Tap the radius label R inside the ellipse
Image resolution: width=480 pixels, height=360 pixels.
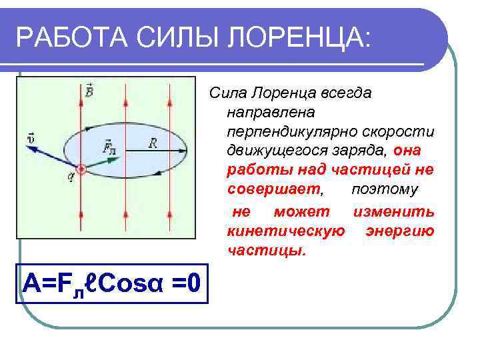(153, 142)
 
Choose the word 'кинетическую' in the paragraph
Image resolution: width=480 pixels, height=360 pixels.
(285, 231)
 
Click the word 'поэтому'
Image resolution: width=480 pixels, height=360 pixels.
(385, 190)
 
